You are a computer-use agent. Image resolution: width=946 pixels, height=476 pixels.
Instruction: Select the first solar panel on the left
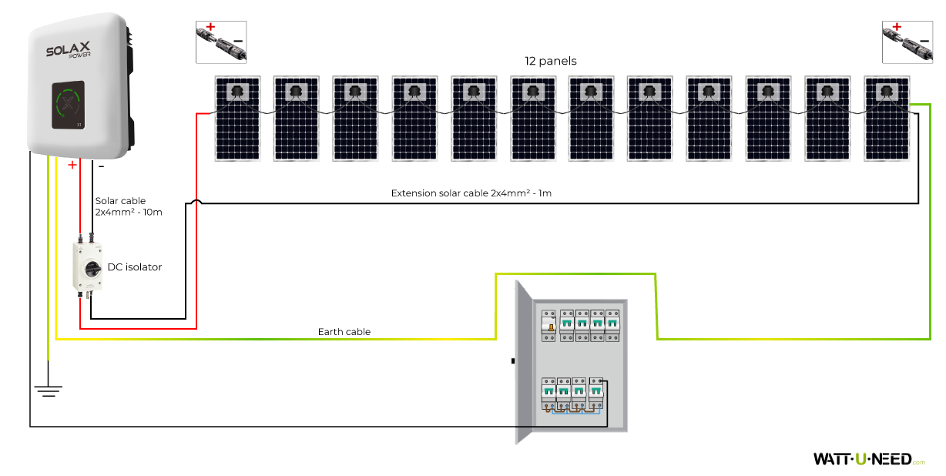click(x=237, y=118)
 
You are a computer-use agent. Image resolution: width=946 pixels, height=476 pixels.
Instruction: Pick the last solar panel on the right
click(x=887, y=118)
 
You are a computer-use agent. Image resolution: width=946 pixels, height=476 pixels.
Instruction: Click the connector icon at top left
click(x=222, y=42)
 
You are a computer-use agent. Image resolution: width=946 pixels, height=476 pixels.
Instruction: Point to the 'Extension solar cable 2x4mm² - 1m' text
click(x=471, y=193)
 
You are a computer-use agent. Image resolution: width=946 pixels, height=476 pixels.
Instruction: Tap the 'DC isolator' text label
click(x=136, y=267)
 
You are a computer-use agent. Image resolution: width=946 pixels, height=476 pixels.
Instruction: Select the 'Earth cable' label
click(x=344, y=332)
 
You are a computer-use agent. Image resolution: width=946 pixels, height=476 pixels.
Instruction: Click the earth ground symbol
click(x=49, y=391)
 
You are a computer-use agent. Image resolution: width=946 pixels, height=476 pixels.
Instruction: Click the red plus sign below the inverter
click(x=72, y=165)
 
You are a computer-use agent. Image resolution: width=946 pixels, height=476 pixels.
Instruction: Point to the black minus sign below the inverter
click(x=101, y=165)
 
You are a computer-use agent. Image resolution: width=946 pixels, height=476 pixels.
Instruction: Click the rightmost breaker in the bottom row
click(x=596, y=394)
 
